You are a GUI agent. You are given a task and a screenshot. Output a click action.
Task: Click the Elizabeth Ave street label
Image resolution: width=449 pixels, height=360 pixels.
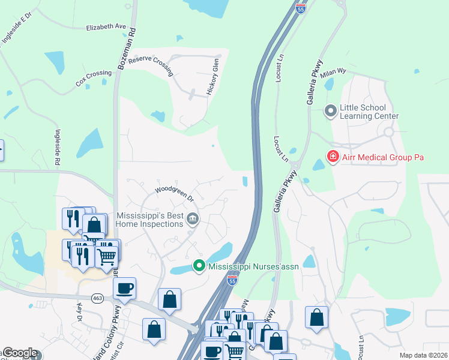click(x=106, y=27)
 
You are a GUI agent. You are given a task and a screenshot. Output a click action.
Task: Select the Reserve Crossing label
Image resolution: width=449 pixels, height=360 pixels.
click(x=151, y=65)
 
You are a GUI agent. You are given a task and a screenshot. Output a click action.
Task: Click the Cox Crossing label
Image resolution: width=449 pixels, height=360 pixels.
click(x=94, y=79)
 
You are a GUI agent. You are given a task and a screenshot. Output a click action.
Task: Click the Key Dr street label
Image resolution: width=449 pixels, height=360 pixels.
click(x=80, y=312)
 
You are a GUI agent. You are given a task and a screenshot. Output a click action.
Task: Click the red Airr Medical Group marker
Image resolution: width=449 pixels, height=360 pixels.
click(x=332, y=157)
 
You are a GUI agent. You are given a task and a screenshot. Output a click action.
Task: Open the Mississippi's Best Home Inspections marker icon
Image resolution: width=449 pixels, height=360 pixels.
click(x=192, y=218)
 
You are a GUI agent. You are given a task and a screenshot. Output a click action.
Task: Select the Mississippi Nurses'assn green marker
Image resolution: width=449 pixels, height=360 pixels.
click(x=199, y=265)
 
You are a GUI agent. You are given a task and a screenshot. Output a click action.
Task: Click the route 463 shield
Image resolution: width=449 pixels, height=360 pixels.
click(x=97, y=298)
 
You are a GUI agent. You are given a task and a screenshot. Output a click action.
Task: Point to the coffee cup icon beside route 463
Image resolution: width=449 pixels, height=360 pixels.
click(x=124, y=288)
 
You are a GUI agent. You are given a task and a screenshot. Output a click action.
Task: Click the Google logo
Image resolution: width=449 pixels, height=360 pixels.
click(x=20, y=353)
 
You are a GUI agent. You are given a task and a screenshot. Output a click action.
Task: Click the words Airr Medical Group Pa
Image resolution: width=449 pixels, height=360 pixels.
click(x=383, y=157)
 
